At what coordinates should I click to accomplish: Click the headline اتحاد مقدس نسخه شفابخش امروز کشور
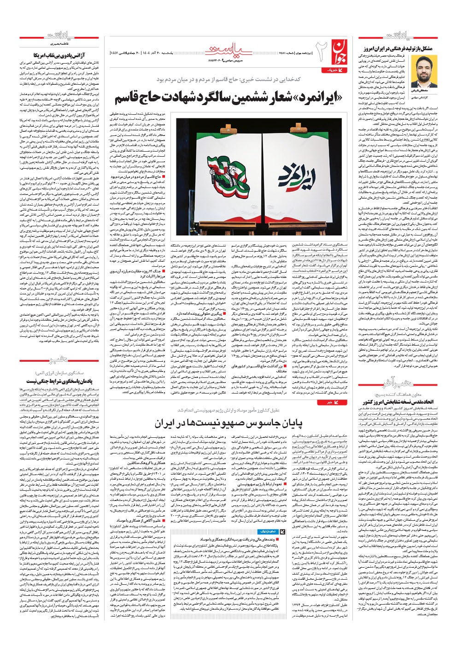click(397, 402)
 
